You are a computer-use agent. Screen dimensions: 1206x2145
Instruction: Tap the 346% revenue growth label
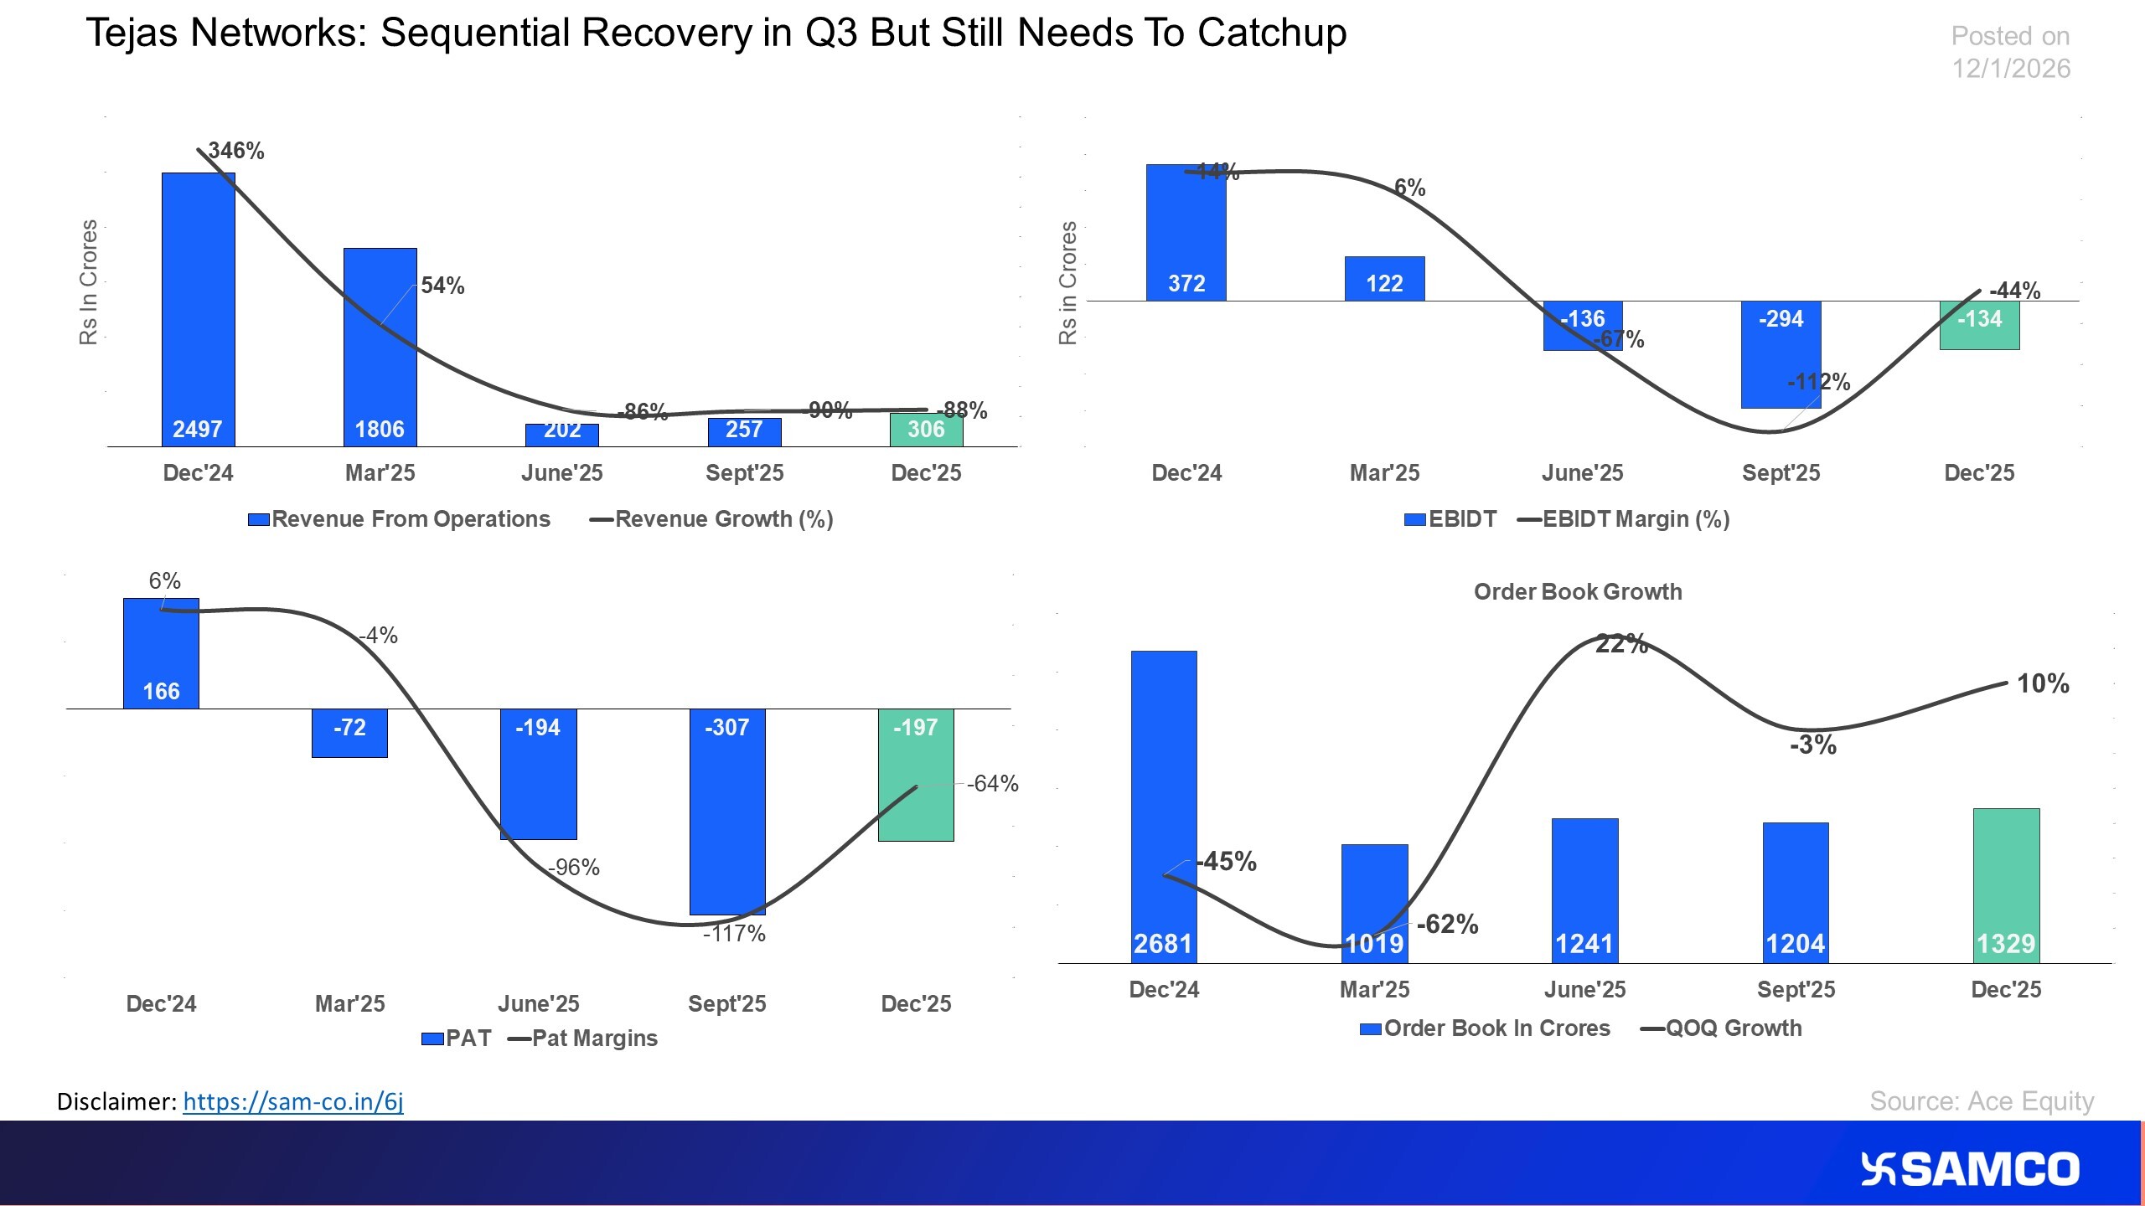(236, 151)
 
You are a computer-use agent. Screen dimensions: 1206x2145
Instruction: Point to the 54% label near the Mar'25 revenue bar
(442, 286)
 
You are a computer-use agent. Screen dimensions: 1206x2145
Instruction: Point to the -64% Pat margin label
(992, 784)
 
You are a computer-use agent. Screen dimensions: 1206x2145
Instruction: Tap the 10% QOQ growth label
(2042, 683)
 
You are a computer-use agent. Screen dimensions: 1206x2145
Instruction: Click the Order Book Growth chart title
(1577, 592)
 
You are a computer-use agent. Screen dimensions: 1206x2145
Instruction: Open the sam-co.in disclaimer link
(293, 1101)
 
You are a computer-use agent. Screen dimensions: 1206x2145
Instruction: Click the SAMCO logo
(1970, 1169)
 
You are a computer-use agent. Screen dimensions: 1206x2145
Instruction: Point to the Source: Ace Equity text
(1981, 1100)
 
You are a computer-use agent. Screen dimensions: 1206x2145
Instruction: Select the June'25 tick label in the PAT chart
(538, 1003)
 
